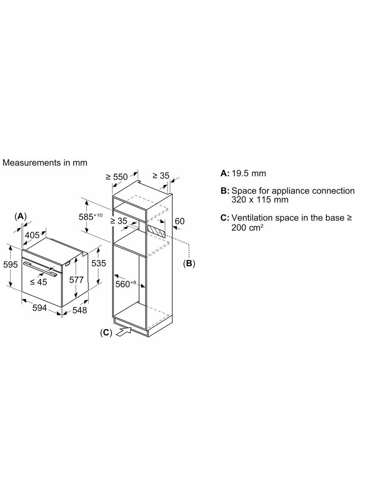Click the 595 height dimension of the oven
coord(11,265)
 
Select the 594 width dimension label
coord(39,308)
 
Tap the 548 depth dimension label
coord(79,310)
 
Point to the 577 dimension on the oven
coord(76,279)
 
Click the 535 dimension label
coord(99,263)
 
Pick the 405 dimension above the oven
coord(32,235)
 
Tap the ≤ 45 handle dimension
coord(38,282)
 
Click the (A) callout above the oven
coord(20,216)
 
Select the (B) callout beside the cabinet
coord(189,263)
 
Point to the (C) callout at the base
coord(106,332)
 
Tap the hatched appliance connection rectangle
coord(156,230)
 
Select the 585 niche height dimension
coord(90,216)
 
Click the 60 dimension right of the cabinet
coord(180,221)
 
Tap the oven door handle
coord(41,268)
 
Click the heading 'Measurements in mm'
coord(45,163)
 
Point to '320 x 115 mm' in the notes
coord(260,200)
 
